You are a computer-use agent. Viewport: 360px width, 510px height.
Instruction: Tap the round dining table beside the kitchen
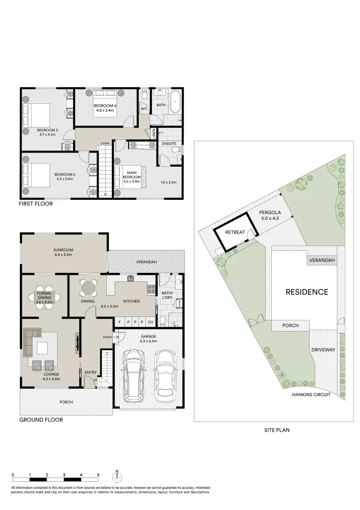point(88,287)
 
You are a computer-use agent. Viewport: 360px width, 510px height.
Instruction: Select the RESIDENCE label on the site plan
point(307,292)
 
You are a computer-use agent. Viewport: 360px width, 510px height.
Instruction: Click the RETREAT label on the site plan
point(234,232)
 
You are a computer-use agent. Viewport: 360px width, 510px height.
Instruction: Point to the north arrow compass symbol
point(117,475)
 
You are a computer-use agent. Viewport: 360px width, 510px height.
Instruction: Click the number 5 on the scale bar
point(98,475)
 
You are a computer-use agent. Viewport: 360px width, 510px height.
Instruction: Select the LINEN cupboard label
point(153,133)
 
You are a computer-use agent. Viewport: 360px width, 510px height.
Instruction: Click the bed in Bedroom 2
point(36,174)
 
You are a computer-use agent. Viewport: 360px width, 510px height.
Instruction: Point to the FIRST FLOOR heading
point(35,204)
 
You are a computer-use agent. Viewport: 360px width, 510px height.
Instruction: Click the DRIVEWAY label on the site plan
point(323,350)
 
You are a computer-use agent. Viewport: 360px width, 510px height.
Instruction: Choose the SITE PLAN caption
point(276,430)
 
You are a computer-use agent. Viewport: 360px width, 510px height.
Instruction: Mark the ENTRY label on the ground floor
point(91,373)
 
